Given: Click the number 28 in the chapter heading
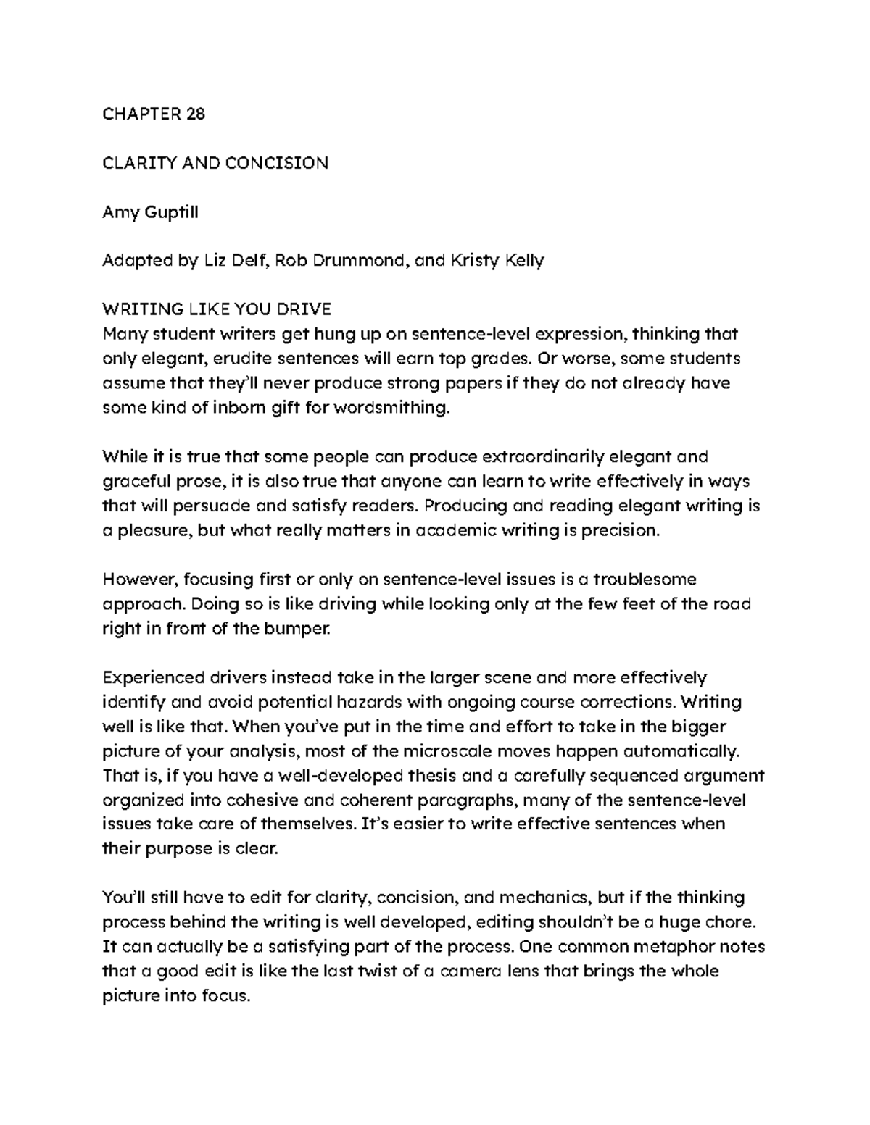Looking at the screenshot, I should pyautogui.click(x=195, y=114).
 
